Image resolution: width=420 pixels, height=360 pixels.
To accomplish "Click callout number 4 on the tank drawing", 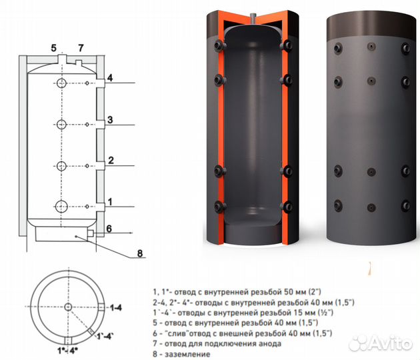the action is point(110,78).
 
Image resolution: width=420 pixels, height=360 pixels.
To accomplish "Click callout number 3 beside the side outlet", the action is point(110,120).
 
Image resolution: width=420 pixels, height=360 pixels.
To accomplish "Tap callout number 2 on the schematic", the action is point(111,160).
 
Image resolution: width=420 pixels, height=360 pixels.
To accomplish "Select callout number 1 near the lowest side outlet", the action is point(110,202).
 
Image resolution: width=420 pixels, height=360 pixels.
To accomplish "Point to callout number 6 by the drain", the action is point(109,229).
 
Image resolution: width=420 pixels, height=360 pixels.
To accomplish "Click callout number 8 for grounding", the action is point(140,253).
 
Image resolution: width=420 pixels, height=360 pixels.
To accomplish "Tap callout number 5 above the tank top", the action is point(54,48).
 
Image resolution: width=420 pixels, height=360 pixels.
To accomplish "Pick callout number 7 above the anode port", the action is point(81,48).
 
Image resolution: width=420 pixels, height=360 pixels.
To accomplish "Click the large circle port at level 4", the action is point(61,83).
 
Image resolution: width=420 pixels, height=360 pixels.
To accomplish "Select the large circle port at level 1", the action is point(61,207).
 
